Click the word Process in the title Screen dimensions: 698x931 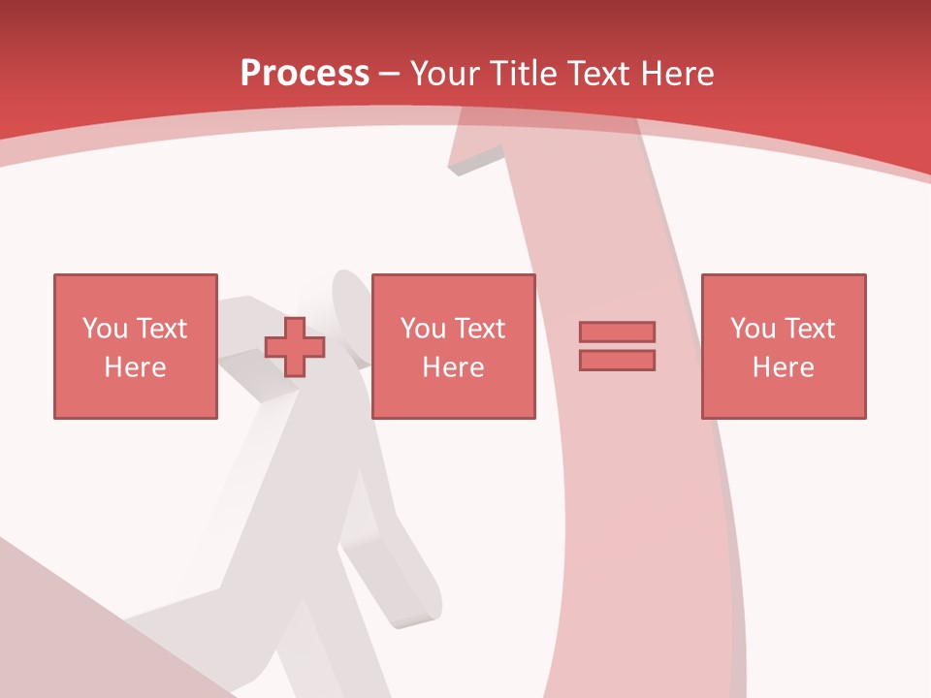point(305,74)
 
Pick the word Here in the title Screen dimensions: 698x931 point(680,74)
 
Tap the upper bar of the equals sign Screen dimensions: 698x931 point(617,332)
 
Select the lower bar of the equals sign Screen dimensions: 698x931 point(617,360)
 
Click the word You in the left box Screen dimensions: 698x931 point(104,329)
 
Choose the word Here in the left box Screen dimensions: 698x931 point(135,367)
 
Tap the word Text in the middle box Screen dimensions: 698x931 point(478,329)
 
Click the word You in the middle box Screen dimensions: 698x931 point(422,329)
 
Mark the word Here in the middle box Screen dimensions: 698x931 point(453,367)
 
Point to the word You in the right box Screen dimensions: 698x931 point(752,329)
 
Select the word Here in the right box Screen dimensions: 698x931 point(783,367)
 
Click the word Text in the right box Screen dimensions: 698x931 point(808,329)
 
